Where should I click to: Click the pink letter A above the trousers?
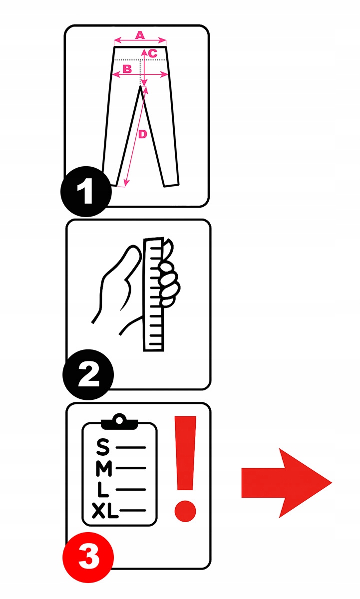pos(140,35)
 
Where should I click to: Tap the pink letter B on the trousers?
pos(127,69)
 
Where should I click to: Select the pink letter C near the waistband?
pos(152,53)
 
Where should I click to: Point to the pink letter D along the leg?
pos(143,134)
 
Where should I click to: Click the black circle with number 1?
pos(86,192)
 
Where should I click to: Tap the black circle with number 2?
pos(88,375)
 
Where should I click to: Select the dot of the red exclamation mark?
pos(185,511)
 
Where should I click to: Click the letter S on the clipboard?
pos(103,447)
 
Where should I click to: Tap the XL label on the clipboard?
pos(105,511)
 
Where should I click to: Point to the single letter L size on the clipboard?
pos(103,489)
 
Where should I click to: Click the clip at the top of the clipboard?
pos(119,422)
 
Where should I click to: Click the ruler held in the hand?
pos(153,294)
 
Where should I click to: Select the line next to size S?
pos(131,447)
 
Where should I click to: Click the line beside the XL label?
pos(132,511)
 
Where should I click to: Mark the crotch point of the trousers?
pos(140,87)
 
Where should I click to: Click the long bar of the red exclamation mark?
pos(185,453)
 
